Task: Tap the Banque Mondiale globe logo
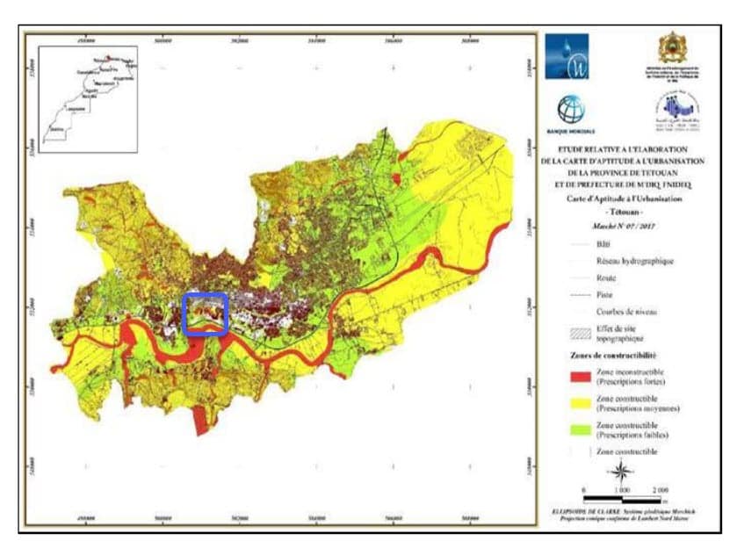point(570,110)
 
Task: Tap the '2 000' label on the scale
point(661,487)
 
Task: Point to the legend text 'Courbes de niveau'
point(626,312)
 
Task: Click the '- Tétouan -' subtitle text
point(626,213)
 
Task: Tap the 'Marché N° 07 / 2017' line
point(626,227)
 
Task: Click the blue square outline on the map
point(206,314)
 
